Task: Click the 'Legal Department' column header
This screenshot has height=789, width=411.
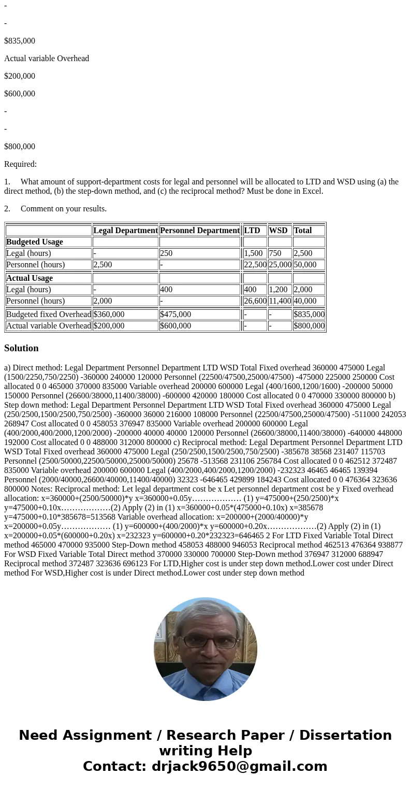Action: [125, 231]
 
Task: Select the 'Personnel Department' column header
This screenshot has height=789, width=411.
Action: [200, 231]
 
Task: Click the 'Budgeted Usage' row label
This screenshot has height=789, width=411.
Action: [35, 242]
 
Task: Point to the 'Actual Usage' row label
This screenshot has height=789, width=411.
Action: [30, 278]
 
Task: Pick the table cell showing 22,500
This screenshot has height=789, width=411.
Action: [255, 265]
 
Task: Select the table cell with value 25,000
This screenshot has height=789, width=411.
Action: [280, 265]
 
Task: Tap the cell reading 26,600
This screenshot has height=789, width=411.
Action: [255, 301]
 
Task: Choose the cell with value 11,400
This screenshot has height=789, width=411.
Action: [280, 301]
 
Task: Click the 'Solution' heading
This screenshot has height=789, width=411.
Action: [21, 348]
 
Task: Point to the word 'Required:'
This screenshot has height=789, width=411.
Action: [20, 164]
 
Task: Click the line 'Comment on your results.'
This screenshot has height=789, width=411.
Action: [63, 209]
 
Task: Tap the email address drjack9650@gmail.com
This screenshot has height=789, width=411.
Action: [239, 766]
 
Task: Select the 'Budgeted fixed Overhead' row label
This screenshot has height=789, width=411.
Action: [49, 314]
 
